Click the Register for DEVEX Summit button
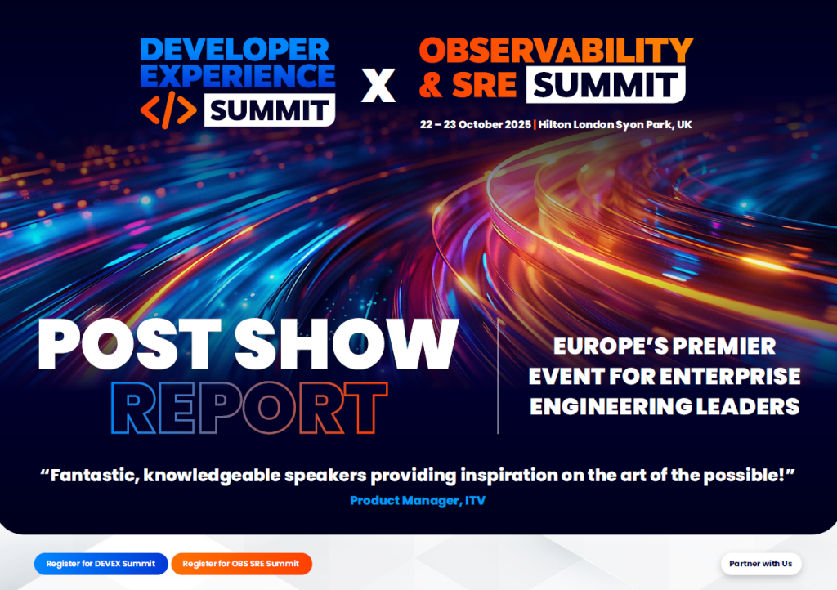tap(101, 564)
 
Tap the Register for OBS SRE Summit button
tap(241, 564)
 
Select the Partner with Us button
tap(760, 564)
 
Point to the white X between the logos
tap(378, 85)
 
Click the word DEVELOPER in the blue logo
tap(236, 50)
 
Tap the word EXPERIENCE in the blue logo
tap(236, 76)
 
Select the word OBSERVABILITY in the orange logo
tap(556, 51)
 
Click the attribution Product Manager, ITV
tap(418, 500)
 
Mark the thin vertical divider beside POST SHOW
tap(498, 376)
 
